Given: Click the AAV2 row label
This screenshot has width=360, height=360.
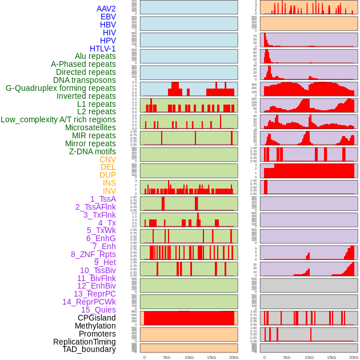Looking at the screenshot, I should click(x=106, y=9).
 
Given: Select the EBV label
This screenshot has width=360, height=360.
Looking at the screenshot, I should click(x=108, y=17).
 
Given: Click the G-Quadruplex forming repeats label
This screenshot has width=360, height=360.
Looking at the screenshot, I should click(x=61, y=88).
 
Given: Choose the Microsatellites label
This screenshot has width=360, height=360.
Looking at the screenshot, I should click(x=90, y=127).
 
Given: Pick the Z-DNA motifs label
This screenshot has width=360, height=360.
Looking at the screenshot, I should click(x=93, y=151).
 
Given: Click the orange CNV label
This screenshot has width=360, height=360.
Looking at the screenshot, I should click(x=107, y=159).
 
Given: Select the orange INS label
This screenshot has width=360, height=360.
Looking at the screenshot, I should click(x=109, y=183).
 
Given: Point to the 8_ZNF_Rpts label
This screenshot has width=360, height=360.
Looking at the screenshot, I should click(x=93, y=254).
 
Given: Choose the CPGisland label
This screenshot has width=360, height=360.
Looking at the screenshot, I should click(x=97, y=318).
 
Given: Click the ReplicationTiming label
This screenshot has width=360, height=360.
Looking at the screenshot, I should click(x=85, y=342).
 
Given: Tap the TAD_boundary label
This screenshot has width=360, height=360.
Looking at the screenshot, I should click(x=89, y=349).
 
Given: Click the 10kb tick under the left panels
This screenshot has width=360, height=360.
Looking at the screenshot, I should click(x=189, y=357).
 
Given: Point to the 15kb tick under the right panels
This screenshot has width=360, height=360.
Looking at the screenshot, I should click(x=331, y=357).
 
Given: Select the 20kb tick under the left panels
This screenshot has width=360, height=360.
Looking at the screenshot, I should click(x=234, y=357).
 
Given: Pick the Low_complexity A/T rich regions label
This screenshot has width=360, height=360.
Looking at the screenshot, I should click(x=58, y=119).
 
